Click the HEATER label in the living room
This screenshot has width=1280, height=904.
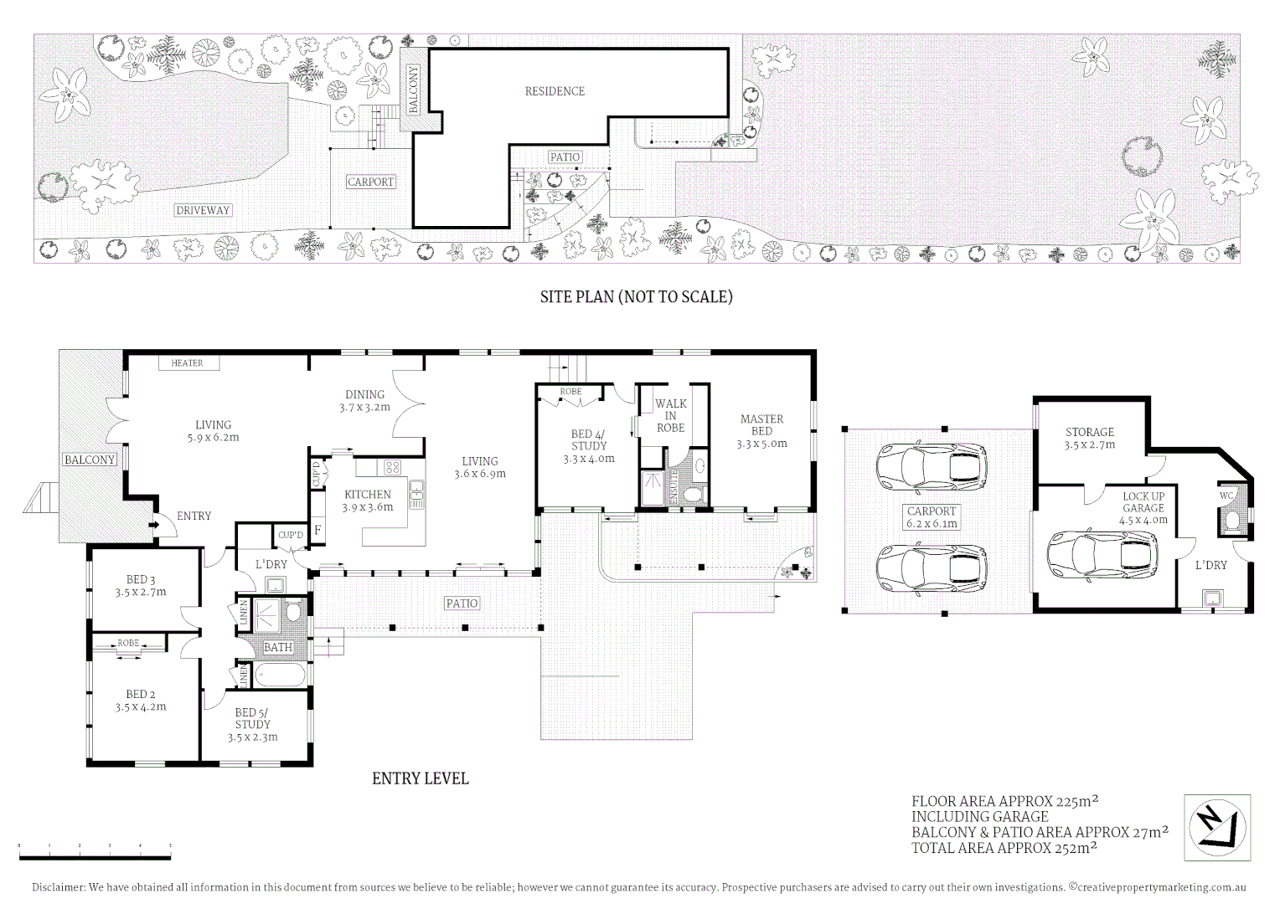point(187,362)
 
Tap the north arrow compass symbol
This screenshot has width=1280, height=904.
point(1217,827)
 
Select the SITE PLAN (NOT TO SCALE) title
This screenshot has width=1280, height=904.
point(636,296)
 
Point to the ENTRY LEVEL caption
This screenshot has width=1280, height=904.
point(420,778)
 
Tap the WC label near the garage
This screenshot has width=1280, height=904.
point(1226,496)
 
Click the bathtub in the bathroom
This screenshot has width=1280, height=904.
point(281,675)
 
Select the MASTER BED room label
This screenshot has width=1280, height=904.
point(761,424)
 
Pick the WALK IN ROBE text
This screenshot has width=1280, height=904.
point(671,415)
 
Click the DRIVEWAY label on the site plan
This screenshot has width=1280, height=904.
point(203,210)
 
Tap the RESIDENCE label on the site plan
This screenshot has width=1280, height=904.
point(555,91)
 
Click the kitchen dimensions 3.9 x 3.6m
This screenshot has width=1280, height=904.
point(368,506)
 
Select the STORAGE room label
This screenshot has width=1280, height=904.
point(1089,432)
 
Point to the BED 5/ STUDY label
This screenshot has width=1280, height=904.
point(252,718)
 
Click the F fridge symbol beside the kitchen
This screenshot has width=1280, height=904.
point(317,529)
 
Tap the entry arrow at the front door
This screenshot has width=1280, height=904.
point(154,525)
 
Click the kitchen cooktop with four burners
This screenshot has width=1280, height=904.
point(392,466)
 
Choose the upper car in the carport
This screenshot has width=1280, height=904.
point(931,466)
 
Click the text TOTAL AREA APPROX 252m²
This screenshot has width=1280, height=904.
point(1004,848)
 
